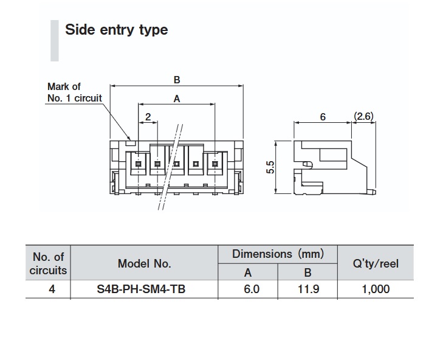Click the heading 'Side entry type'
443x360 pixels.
pos(116,29)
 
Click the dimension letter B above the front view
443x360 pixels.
pos(177,80)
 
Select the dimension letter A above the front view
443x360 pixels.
pos(176,99)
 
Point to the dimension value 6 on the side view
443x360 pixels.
pos(322,116)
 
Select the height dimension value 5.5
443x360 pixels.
pos(271,168)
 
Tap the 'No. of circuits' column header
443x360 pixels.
pos(48,263)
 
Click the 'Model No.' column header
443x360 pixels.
pos(144,263)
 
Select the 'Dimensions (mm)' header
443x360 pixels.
pos(278,254)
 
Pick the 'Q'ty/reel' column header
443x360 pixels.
pos(376,263)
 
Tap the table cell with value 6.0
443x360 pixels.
pos(247,289)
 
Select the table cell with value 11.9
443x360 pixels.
pos(307,289)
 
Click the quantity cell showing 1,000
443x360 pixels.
pos(376,289)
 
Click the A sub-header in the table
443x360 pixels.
pos(247,273)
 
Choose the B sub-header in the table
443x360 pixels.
pos(307,273)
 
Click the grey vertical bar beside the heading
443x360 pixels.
pos(55,40)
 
